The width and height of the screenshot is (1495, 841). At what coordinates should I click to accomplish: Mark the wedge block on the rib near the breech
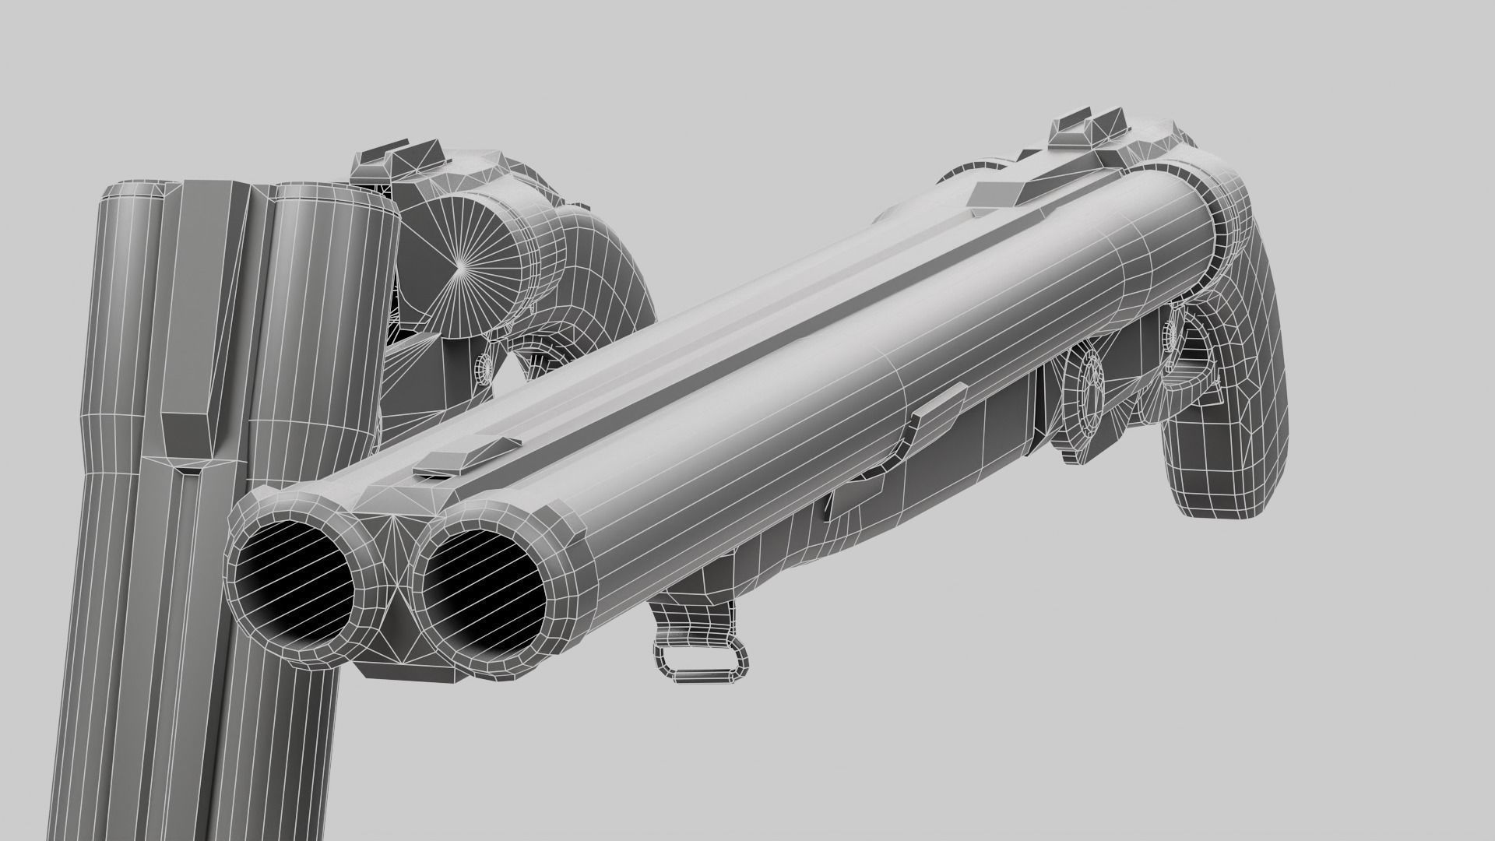point(1004,191)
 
